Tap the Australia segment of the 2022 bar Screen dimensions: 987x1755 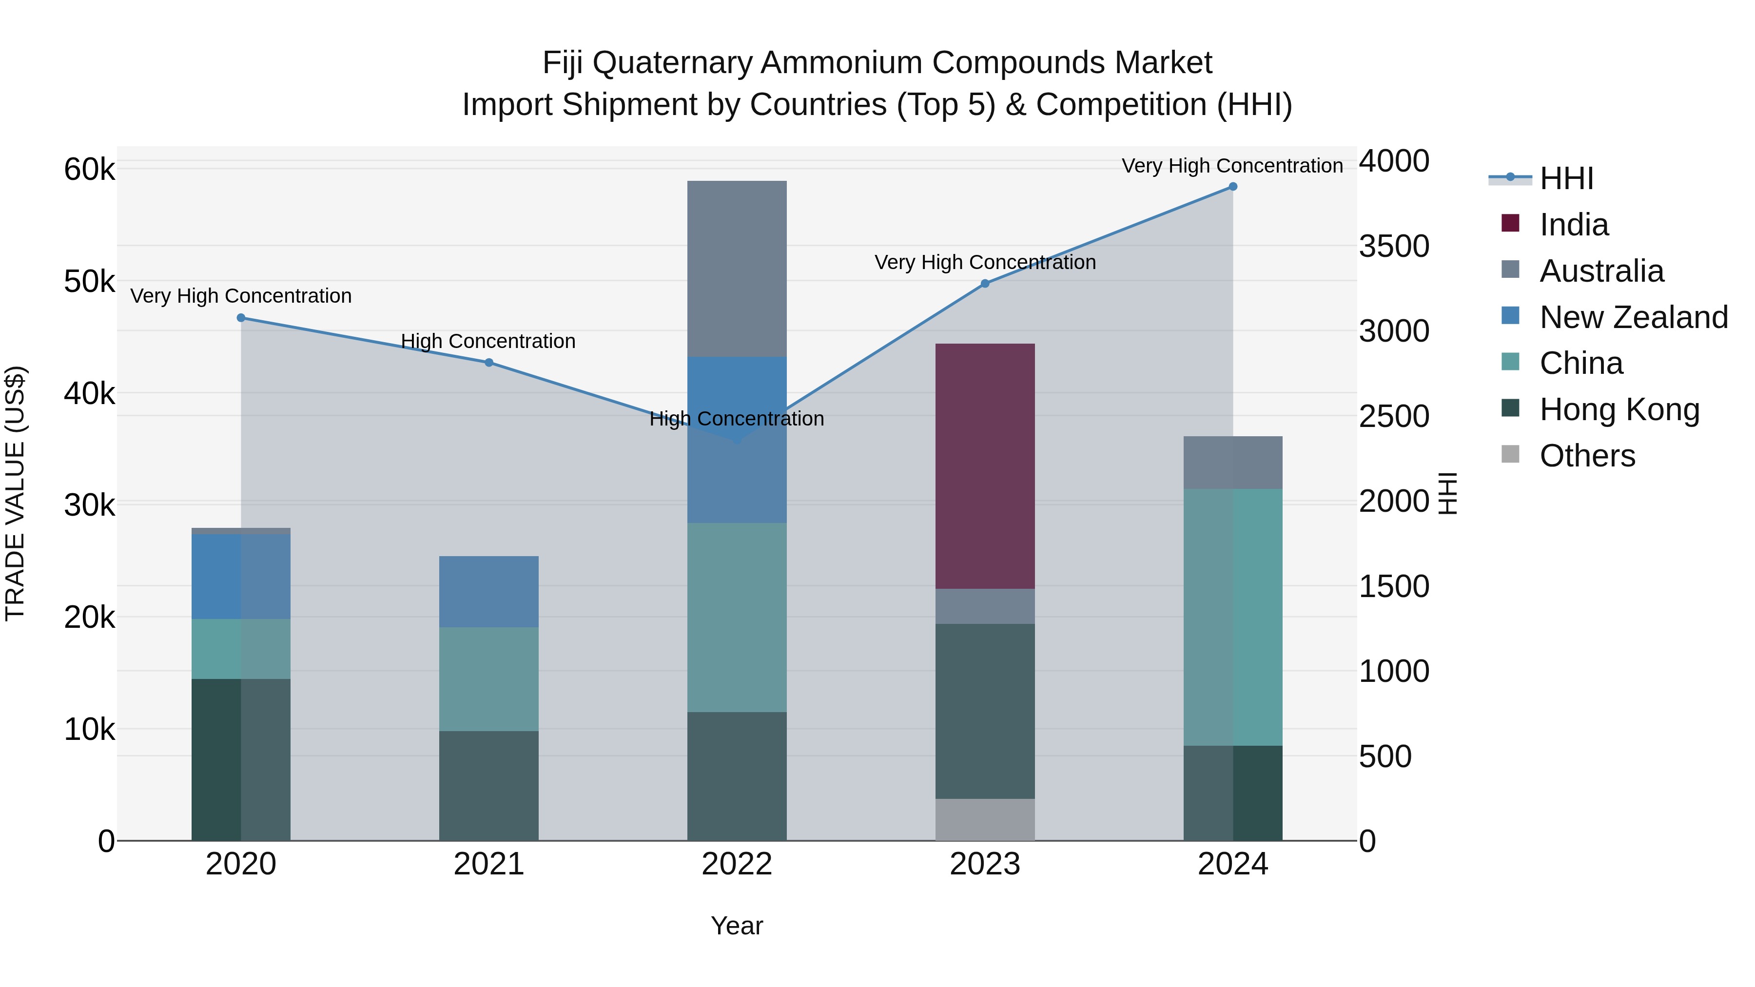click(737, 269)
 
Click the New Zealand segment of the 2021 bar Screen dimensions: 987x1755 click(488, 591)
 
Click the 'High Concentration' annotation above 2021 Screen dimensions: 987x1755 click(488, 341)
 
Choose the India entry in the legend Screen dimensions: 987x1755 click(1574, 225)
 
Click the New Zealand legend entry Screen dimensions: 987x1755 click(1633, 317)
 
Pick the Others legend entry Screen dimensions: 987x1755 click(1587, 456)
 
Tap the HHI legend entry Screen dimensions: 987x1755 click(1565, 178)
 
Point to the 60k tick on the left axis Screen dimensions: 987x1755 click(89, 169)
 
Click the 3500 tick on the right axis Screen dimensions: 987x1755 click(1393, 246)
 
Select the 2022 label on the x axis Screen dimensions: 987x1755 click(737, 864)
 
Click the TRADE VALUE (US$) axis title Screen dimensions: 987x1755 click(15, 493)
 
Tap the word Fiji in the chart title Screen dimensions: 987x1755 click(562, 63)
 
